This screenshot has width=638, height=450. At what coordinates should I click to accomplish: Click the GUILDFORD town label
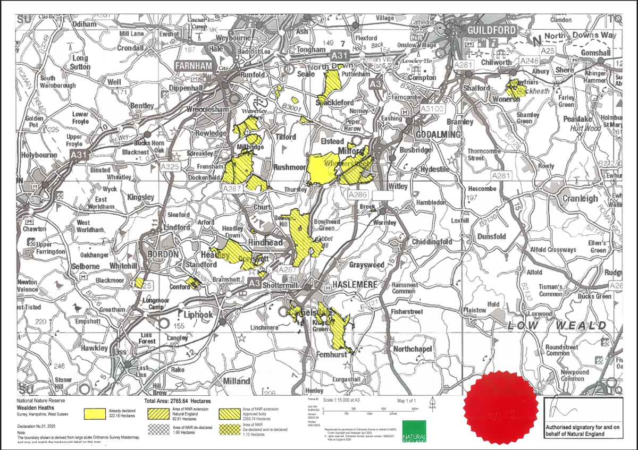tap(490, 30)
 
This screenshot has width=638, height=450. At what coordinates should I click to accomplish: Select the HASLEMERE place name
tap(355, 285)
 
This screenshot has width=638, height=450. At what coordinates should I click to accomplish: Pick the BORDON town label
tap(163, 254)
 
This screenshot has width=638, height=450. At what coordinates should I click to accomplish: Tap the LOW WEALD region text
tap(556, 325)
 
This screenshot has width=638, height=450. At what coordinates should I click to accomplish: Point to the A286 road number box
tap(358, 196)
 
